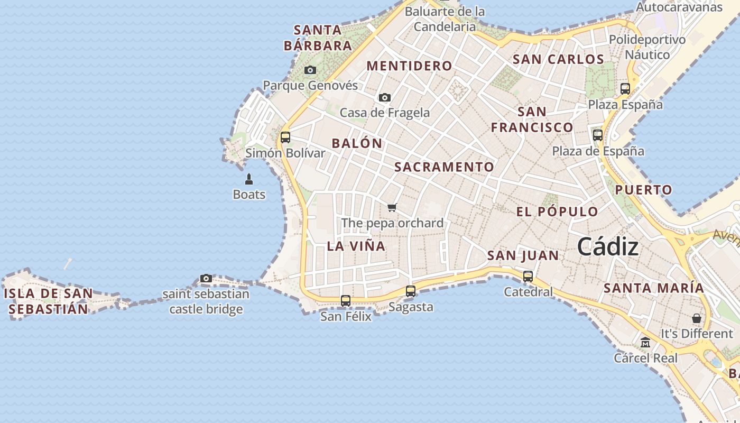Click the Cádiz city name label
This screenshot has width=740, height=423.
coord(608,247)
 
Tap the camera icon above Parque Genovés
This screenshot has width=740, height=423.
coord(310,70)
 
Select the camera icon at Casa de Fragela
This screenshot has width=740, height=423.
coord(385,98)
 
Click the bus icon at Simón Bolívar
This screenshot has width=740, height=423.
coord(285,137)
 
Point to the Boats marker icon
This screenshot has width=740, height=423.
coord(249,179)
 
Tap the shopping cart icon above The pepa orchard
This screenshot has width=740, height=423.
coord(392,207)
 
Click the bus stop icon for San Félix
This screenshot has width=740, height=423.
coord(346,301)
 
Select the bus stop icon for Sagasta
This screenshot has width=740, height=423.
coord(411,291)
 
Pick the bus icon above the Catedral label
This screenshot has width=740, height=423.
coord(528,276)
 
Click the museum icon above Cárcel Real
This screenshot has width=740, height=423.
coord(645,343)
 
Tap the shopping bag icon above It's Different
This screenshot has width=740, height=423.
coord(697,318)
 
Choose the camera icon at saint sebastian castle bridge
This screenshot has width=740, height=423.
coord(206,279)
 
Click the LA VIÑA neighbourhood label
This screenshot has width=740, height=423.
coord(356,246)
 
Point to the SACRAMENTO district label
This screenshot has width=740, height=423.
coord(444,167)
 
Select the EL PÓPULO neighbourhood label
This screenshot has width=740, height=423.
coord(557,212)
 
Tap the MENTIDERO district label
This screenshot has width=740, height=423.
coord(409,66)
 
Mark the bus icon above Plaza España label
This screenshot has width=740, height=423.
coord(625,89)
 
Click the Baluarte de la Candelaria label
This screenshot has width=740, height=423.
coord(445,19)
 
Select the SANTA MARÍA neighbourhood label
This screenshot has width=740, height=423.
coord(654,288)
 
